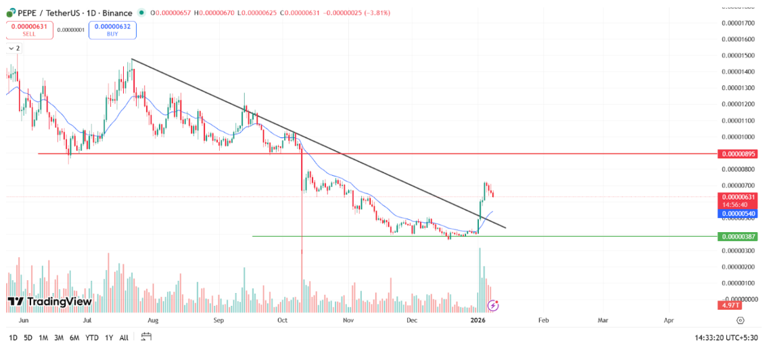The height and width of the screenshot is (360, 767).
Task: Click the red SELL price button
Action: [29, 30]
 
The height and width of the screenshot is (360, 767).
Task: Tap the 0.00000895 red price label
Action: [738, 154]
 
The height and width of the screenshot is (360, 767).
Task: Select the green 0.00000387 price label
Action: [738, 237]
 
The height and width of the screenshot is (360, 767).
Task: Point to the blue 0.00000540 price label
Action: [738, 214]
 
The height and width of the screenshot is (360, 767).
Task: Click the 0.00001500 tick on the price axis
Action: [738, 55]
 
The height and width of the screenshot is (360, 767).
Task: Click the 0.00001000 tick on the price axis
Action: [738, 137]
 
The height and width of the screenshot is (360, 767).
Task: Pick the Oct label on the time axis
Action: [283, 321]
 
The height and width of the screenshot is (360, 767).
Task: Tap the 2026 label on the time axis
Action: [478, 321]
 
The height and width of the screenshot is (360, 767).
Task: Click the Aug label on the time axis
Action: [153, 321]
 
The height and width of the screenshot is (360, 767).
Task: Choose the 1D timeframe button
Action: [14, 338]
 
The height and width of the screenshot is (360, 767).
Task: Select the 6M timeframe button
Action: [74, 338]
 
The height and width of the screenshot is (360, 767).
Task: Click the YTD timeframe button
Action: [92, 338]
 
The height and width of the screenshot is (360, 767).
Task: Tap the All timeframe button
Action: [124, 338]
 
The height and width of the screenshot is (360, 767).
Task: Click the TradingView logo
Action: [49, 301]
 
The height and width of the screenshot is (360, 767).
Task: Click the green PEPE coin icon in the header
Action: [11, 13]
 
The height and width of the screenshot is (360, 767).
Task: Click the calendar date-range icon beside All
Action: [146, 337]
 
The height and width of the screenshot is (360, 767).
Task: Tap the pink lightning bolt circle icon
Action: [493, 305]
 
